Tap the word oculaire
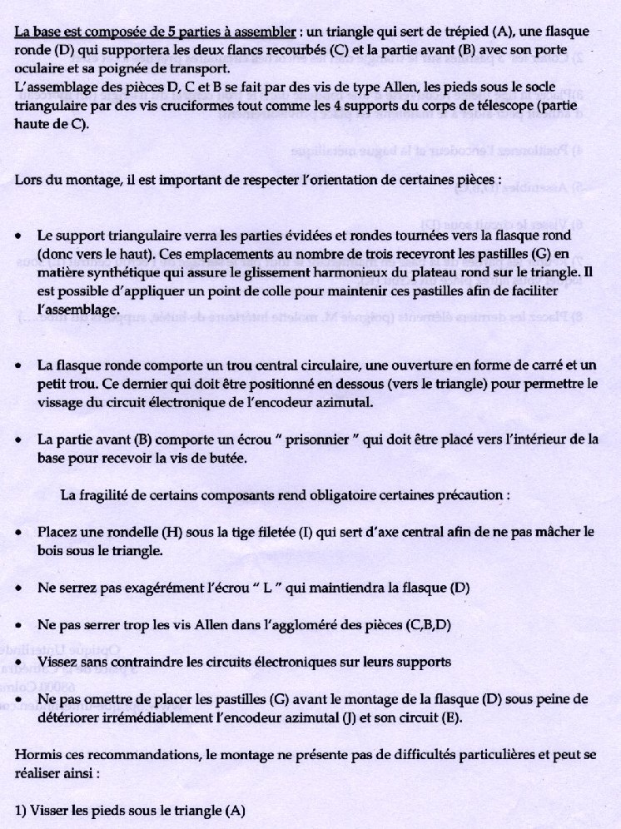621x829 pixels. pyautogui.click(x=38, y=67)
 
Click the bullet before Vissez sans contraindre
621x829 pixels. pyautogui.click(x=18, y=662)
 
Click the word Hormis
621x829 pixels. pyautogui.click(x=38, y=755)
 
